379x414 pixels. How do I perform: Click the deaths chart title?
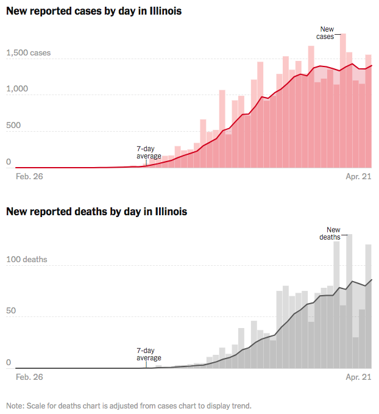pyautogui.click(x=96, y=212)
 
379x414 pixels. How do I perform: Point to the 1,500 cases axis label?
pyautogui.click(x=29, y=53)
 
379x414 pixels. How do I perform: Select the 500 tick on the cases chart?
pyautogui.click(x=13, y=126)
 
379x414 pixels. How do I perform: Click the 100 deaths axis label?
pyautogui.click(x=27, y=260)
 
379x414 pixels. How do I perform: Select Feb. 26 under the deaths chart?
pyautogui.click(x=29, y=377)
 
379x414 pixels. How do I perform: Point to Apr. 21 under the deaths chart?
pyautogui.click(x=358, y=377)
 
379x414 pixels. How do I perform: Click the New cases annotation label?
pyautogui.click(x=326, y=33)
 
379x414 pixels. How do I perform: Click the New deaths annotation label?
pyautogui.click(x=330, y=234)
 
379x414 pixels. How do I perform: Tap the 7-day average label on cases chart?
pyautogui.click(x=149, y=152)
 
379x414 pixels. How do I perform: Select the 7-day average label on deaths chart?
pyautogui.click(x=149, y=354)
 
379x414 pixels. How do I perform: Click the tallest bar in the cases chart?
pyautogui.click(x=343, y=104)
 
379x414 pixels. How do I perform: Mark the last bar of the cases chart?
pyautogui.click(x=369, y=116)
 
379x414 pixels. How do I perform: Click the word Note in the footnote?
pyautogui.click(x=15, y=405)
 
